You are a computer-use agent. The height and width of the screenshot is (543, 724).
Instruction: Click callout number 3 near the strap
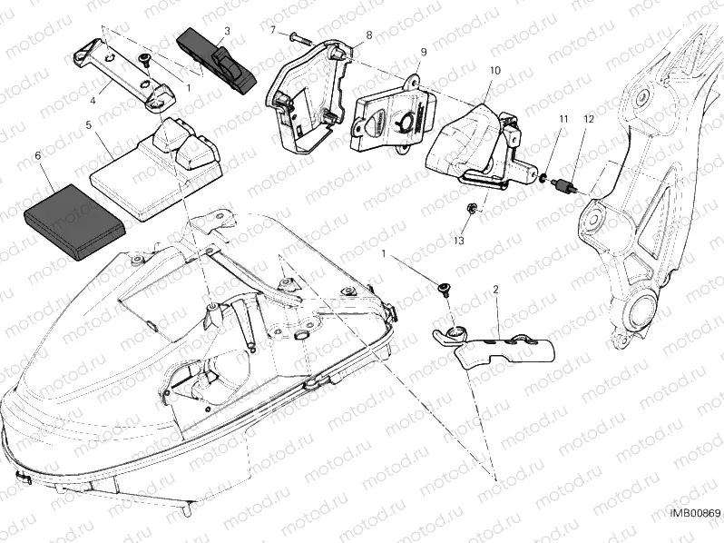click(x=227, y=31)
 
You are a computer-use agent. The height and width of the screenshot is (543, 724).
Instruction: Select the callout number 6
click(x=37, y=156)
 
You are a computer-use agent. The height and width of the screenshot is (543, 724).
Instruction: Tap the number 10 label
click(x=494, y=70)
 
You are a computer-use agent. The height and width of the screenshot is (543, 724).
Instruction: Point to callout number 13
click(x=458, y=240)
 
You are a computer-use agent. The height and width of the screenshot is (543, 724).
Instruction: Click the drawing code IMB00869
click(x=694, y=514)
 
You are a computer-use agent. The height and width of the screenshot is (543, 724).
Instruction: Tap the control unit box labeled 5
click(x=154, y=173)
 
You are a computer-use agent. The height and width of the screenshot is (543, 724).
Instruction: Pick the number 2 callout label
click(x=496, y=289)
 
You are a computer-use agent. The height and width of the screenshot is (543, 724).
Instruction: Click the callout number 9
click(x=423, y=52)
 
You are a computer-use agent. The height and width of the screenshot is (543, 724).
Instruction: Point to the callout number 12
click(x=589, y=119)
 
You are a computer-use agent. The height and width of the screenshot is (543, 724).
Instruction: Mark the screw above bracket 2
click(x=445, y=290)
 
